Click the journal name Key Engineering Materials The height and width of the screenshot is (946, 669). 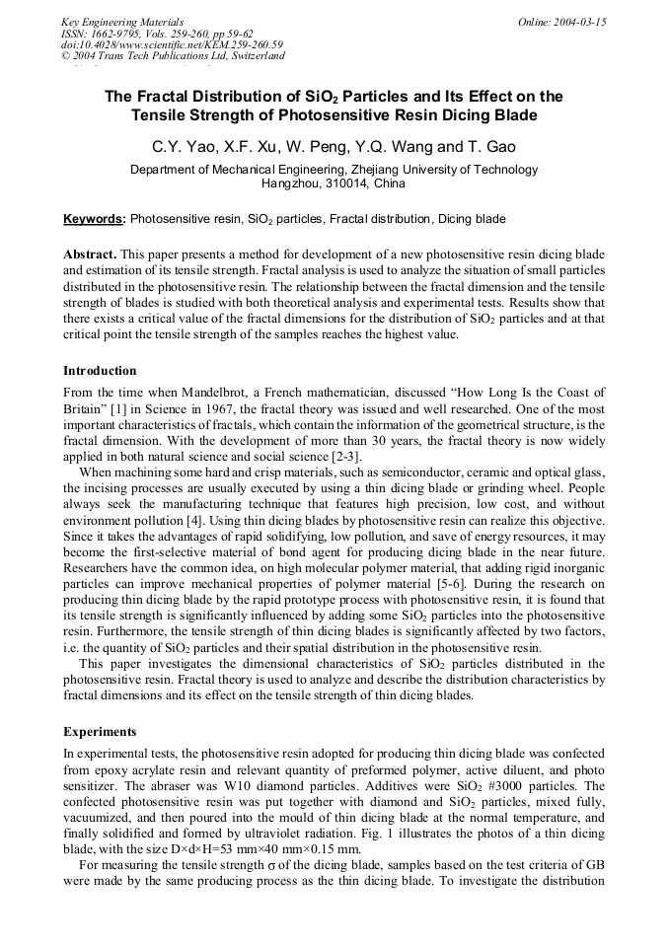121,22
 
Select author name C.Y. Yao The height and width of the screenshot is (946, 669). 180,148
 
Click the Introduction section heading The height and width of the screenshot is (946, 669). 100,371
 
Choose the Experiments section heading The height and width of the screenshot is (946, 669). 100,733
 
